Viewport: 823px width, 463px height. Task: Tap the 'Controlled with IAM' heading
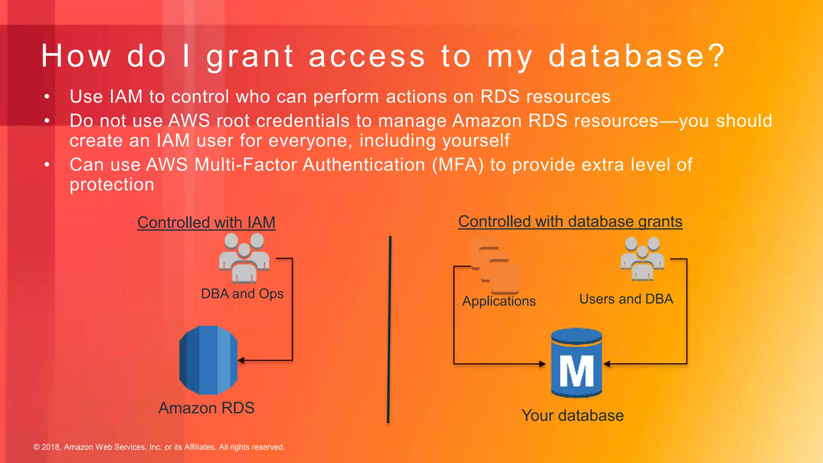206,222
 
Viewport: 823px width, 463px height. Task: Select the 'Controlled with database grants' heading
570,221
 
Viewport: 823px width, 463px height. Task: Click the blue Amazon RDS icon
208,360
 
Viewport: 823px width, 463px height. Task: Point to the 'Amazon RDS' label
206,408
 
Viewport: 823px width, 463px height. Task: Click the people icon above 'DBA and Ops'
244,258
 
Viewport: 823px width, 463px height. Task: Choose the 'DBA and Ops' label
242,294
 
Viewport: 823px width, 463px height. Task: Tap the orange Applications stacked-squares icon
495,266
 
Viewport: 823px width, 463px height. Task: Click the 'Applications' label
499,301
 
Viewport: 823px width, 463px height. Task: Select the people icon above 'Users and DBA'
642,258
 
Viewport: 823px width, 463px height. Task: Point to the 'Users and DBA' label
626,299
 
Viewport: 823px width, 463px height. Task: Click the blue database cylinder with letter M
576,363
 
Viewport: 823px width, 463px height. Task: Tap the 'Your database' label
572,416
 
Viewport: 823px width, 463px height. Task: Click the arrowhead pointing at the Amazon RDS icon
241,360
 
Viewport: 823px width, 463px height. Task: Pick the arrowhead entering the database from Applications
543,364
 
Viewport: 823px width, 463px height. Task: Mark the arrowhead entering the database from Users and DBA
607,364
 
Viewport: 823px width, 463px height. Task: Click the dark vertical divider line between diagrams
389,330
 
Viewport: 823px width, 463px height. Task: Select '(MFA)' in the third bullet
458,165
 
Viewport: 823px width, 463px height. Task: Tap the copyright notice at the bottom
159,447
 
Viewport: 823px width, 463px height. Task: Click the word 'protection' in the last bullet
112,184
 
